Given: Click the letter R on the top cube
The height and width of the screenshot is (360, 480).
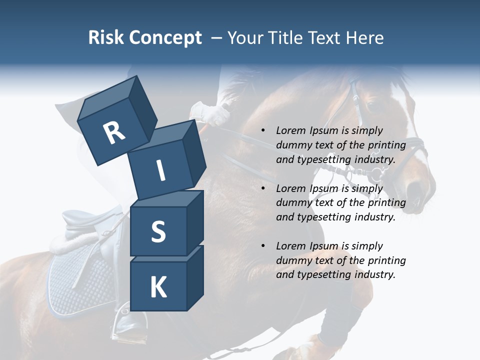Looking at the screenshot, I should coord(114,132).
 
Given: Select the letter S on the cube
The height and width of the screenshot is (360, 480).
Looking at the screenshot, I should coord(158,231).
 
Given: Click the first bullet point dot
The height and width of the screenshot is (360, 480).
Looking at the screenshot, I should coord(263,131).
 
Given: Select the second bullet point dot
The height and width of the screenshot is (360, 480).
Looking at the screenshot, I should coord(263,189).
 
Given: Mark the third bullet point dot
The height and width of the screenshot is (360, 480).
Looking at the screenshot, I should coord(263,246).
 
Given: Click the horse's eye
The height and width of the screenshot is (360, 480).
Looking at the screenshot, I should coord(371,106).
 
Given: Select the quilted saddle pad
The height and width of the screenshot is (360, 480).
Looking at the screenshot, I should coord(75,285).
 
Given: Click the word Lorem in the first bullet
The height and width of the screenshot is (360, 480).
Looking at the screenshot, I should coord(291,131).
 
